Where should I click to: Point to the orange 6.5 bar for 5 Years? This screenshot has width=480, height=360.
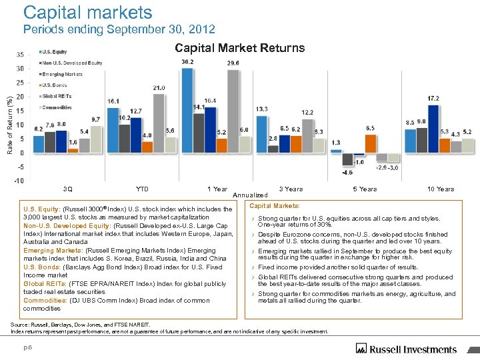[370, 143]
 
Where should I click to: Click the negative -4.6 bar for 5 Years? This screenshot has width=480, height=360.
[347, 159]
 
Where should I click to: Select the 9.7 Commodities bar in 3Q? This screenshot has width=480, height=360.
[95, 139]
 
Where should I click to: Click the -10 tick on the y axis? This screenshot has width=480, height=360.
[20, 181]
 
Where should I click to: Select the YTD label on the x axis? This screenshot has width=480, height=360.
[141, 189]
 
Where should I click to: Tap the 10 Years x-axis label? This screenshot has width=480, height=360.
[441, 189]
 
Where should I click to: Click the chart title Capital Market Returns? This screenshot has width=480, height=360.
[239, 48]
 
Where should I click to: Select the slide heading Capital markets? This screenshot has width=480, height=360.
[87, 13]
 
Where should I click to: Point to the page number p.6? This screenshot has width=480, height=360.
[27, 348]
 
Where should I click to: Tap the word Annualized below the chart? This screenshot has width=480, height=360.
[250, 195]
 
